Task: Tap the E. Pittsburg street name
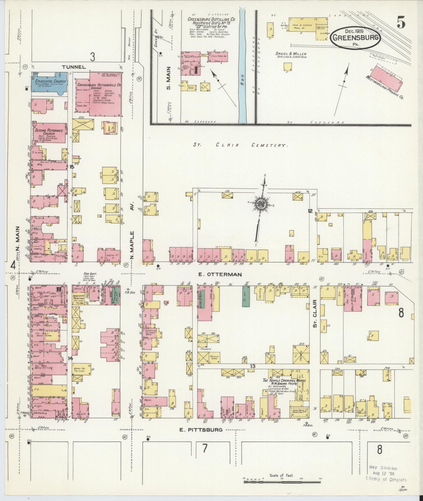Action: [201, 430]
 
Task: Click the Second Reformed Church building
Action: [49, 133]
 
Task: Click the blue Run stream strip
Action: [243, 65]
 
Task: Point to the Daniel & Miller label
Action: [291, 55]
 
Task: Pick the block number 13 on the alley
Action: [253, 366]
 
